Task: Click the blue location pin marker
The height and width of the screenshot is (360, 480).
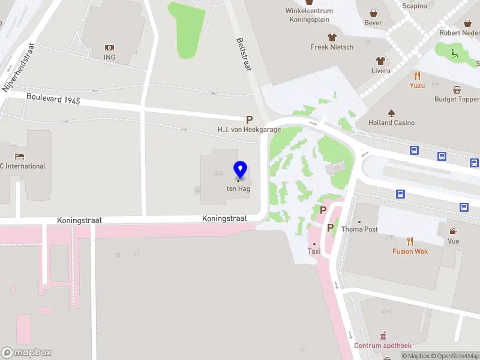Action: coord(240,170)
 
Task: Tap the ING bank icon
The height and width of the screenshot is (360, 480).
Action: coord(109,47)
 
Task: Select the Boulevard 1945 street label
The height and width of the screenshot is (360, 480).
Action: coord(53,97)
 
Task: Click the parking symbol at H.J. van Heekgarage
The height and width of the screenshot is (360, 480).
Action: coord(249,119)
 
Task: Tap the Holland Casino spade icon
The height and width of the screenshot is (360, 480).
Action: coord(391,113)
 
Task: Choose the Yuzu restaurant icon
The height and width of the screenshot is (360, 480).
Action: coord(417,76)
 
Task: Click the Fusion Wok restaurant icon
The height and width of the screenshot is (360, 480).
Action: coord(410,241)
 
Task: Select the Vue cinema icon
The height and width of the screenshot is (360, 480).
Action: coord(454,231)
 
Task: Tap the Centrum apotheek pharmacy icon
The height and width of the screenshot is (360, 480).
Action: coord(383,335)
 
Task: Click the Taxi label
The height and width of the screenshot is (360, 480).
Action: coord(314,251)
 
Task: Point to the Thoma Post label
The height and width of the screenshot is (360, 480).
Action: coord(359,229)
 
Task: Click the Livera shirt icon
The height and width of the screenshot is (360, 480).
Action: coord(380,61)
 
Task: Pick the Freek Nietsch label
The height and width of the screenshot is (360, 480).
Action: coord(332,47)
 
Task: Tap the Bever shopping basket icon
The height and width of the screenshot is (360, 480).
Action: coord(373,13)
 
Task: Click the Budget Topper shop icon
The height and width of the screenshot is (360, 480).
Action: coord(457,89)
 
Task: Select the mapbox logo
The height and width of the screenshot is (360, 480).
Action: coord(26,353)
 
